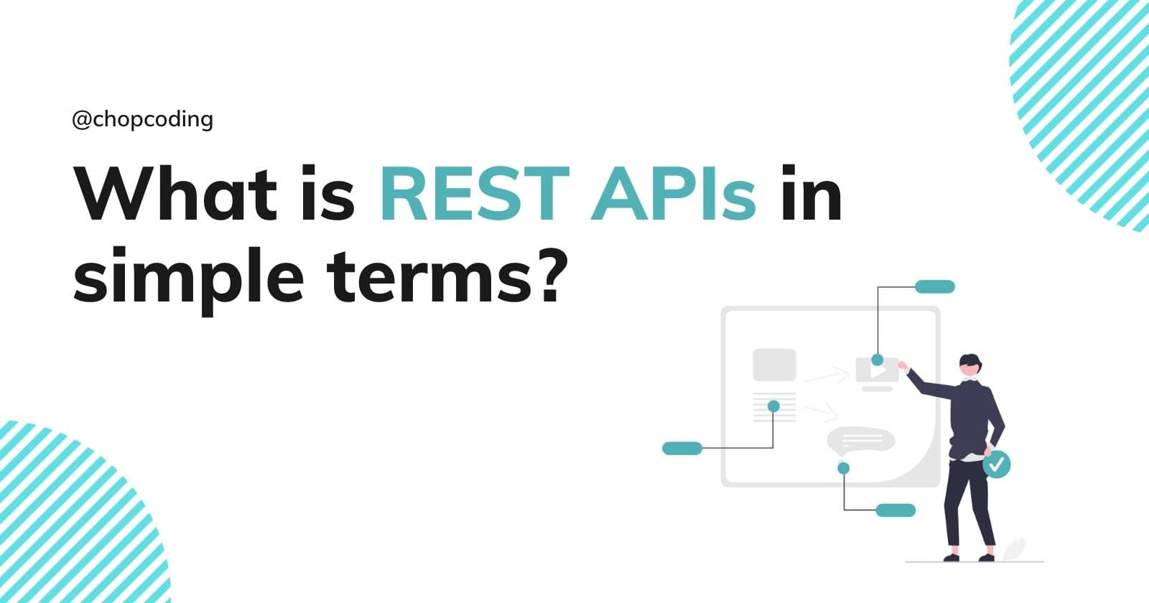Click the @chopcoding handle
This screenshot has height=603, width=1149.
coord(142,118)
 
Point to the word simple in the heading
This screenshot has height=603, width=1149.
coord(188,276)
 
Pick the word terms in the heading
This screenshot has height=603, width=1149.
coord(427,276)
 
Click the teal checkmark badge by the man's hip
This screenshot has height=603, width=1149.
coord(996,464)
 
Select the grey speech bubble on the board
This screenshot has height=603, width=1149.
coord(860,440)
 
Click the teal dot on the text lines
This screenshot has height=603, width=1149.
coord(773,406)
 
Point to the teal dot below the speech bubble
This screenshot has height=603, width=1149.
coord(844,468)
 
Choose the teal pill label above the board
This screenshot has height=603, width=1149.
coord(934,287)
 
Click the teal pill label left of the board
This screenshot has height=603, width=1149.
coord(682,449)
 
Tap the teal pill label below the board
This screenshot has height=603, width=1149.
coord(896,510)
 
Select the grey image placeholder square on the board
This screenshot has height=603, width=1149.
coord(774,365)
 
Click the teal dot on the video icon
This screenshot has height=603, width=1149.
coord(877,359)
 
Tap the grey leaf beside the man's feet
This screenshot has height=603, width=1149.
coord(1014,548)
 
